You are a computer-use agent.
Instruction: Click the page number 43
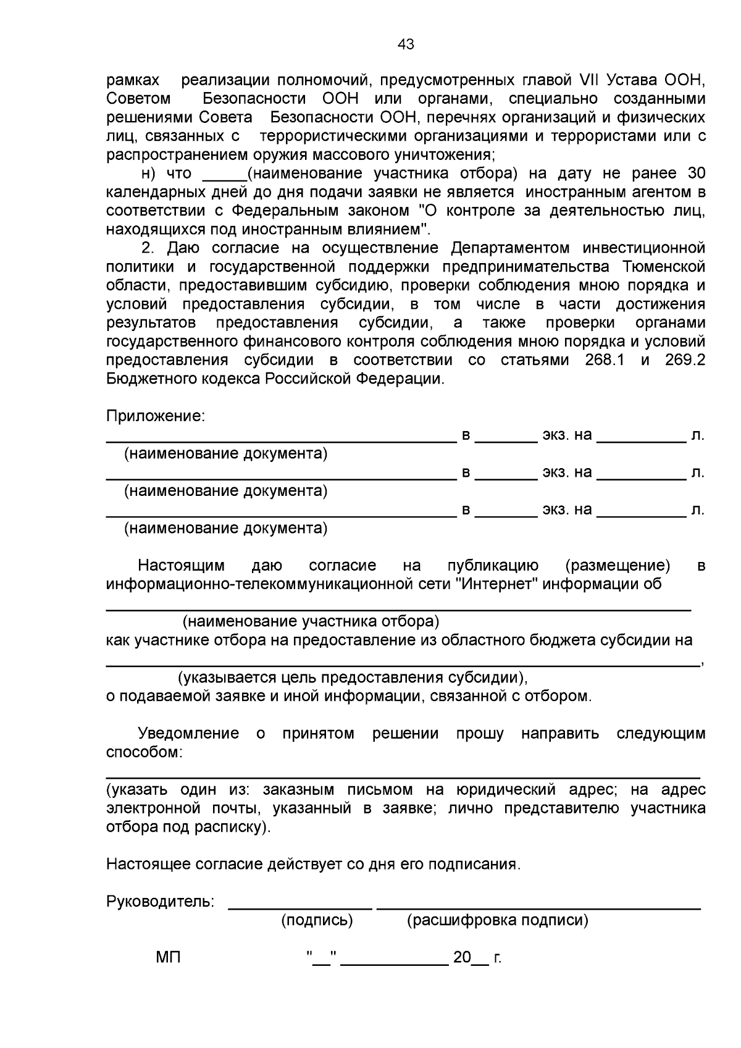(406, 44)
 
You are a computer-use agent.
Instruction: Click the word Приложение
(155, 416)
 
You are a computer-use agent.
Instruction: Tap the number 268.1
(604, 360)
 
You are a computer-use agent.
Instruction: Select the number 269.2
(685, 360)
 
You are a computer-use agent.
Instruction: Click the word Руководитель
(160, 902)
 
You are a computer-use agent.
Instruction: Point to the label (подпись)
(317, 920)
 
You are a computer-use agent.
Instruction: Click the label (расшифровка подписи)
(497, 920)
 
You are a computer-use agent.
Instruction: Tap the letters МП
(168, 958)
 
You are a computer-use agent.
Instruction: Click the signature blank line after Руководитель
(300, 906)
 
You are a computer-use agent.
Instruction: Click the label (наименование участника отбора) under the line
(311, 621)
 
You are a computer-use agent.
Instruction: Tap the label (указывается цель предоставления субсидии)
(353, 677)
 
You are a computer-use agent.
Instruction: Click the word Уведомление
(188, 734)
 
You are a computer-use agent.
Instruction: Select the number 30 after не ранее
(696, 174)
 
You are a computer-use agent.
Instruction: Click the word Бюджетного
(152, 379)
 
